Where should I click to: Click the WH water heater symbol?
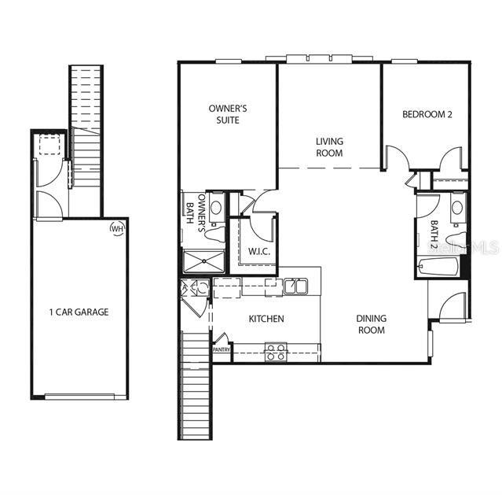(118, 228)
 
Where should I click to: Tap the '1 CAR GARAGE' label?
(79, 312)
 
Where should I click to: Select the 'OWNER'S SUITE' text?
(228, 114)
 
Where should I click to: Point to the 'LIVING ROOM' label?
(329, 147)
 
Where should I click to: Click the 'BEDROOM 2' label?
(427, 114)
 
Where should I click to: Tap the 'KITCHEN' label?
(266, 319)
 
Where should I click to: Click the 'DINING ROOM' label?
(371, 324)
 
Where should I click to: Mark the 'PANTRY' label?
(222, 350)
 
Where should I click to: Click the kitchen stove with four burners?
(276, 352)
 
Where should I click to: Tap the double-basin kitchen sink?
(295, 285)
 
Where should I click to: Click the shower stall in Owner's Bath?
(203, 260)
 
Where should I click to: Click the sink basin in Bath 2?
(456, 209)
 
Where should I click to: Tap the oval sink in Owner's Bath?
(216, 207)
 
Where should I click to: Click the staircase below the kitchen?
(196, 386)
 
